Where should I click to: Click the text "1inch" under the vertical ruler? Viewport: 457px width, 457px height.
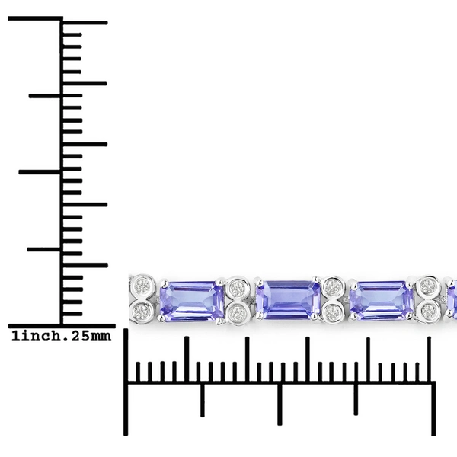tap(32, 337)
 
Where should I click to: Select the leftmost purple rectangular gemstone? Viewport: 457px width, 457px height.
tap(192, 302)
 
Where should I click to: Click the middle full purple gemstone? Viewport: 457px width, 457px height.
tap(288, 299)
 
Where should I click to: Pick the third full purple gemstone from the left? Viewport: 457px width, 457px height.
tap(382, 300)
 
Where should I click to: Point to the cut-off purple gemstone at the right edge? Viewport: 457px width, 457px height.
tap(452, 300)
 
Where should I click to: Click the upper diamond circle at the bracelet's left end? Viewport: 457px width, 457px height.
tap(143, 286)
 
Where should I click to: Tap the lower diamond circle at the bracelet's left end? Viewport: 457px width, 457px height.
tap(142, 312)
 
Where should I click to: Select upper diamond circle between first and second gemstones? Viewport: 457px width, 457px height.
tap(238, 287)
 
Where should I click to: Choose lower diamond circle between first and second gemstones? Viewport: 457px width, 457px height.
tap(238, 314)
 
